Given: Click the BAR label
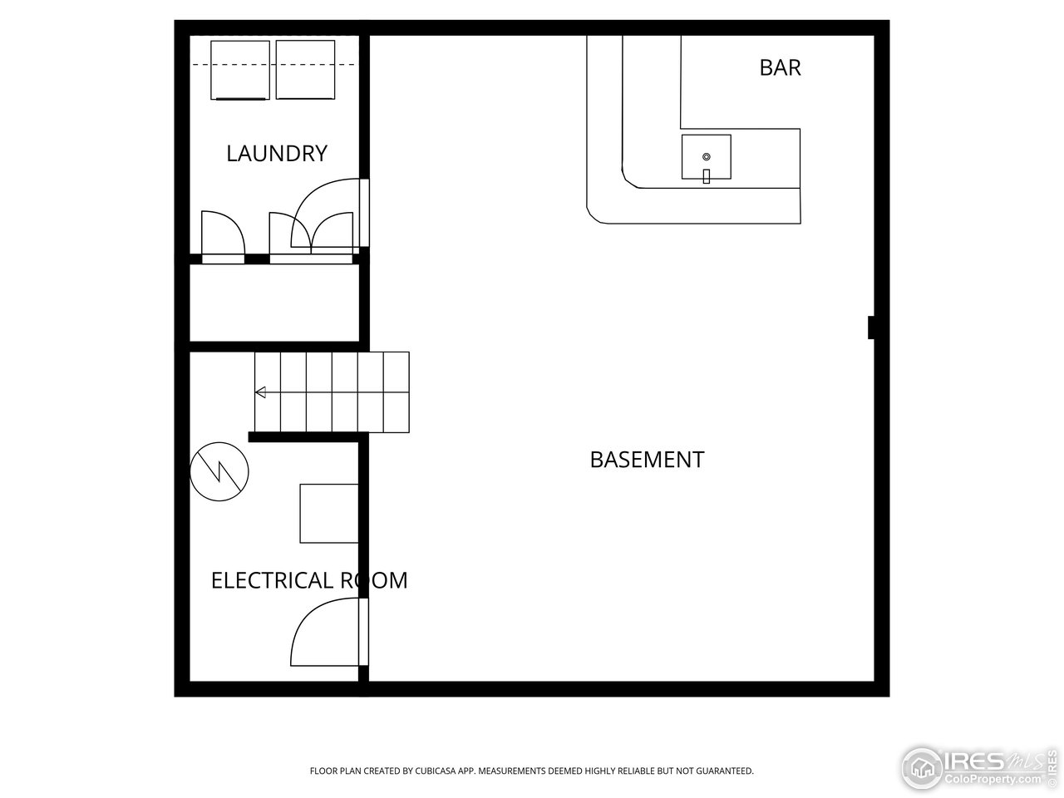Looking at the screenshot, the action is click(x=780, y=68).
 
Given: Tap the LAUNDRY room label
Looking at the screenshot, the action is click(x=277, y=154).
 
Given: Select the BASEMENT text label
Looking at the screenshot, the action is click(x=647, y=460).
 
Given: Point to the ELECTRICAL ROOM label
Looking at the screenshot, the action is click(x=309, y=580).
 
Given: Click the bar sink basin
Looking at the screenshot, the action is click(x=706, y=157).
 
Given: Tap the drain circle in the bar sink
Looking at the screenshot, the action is click(x=707, y=156).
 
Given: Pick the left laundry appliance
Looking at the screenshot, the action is click(x=240, y=71).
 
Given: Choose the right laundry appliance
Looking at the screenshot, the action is click(x=305, y=70).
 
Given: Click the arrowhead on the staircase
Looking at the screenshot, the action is click(x=260, y=392).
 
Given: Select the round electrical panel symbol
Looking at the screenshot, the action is click(x=219, y=471).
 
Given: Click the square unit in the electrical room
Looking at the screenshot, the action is click(x=329, y=514).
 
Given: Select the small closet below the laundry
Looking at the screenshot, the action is click(x=274, y=303).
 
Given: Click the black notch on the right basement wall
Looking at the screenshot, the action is click(x=870, y=328).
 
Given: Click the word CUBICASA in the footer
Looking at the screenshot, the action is click(x=433, y=771).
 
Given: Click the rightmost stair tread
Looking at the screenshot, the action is click(x=397, y=392).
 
